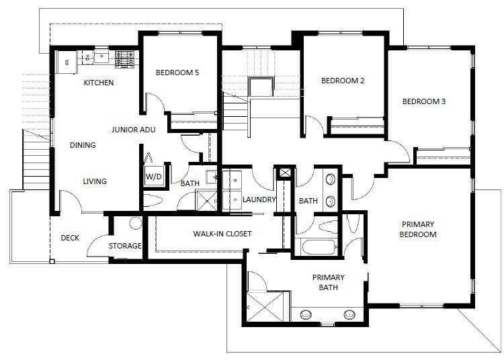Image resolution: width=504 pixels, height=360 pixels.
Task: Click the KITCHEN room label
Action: (x=98, y=83)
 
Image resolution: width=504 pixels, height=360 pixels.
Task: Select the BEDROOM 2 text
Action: (x=343, y=81)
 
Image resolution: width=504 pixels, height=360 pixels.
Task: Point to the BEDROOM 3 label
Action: (x=424, y=102)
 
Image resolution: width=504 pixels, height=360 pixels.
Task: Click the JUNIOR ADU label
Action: (x=134, y=131)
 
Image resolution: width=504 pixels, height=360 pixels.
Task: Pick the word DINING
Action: (x=83, y=145)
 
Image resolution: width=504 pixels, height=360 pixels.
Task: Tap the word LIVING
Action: (x=95, y=181)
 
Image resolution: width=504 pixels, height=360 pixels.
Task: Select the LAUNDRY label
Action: (x=259, y=199)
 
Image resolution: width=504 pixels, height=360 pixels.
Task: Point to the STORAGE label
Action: (x=126, y=246)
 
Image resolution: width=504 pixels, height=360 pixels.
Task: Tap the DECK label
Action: (x=70, y=238)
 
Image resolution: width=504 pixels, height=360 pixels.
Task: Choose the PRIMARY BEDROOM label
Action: (x=419, y=230)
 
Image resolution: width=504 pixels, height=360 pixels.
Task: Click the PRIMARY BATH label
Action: (x=328, y=282)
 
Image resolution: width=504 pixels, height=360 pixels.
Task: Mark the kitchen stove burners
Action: (x=125, y=56)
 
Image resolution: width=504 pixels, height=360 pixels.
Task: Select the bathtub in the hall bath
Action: (x=319, y=246)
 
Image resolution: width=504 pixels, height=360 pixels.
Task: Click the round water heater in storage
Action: (x=135, y=224)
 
